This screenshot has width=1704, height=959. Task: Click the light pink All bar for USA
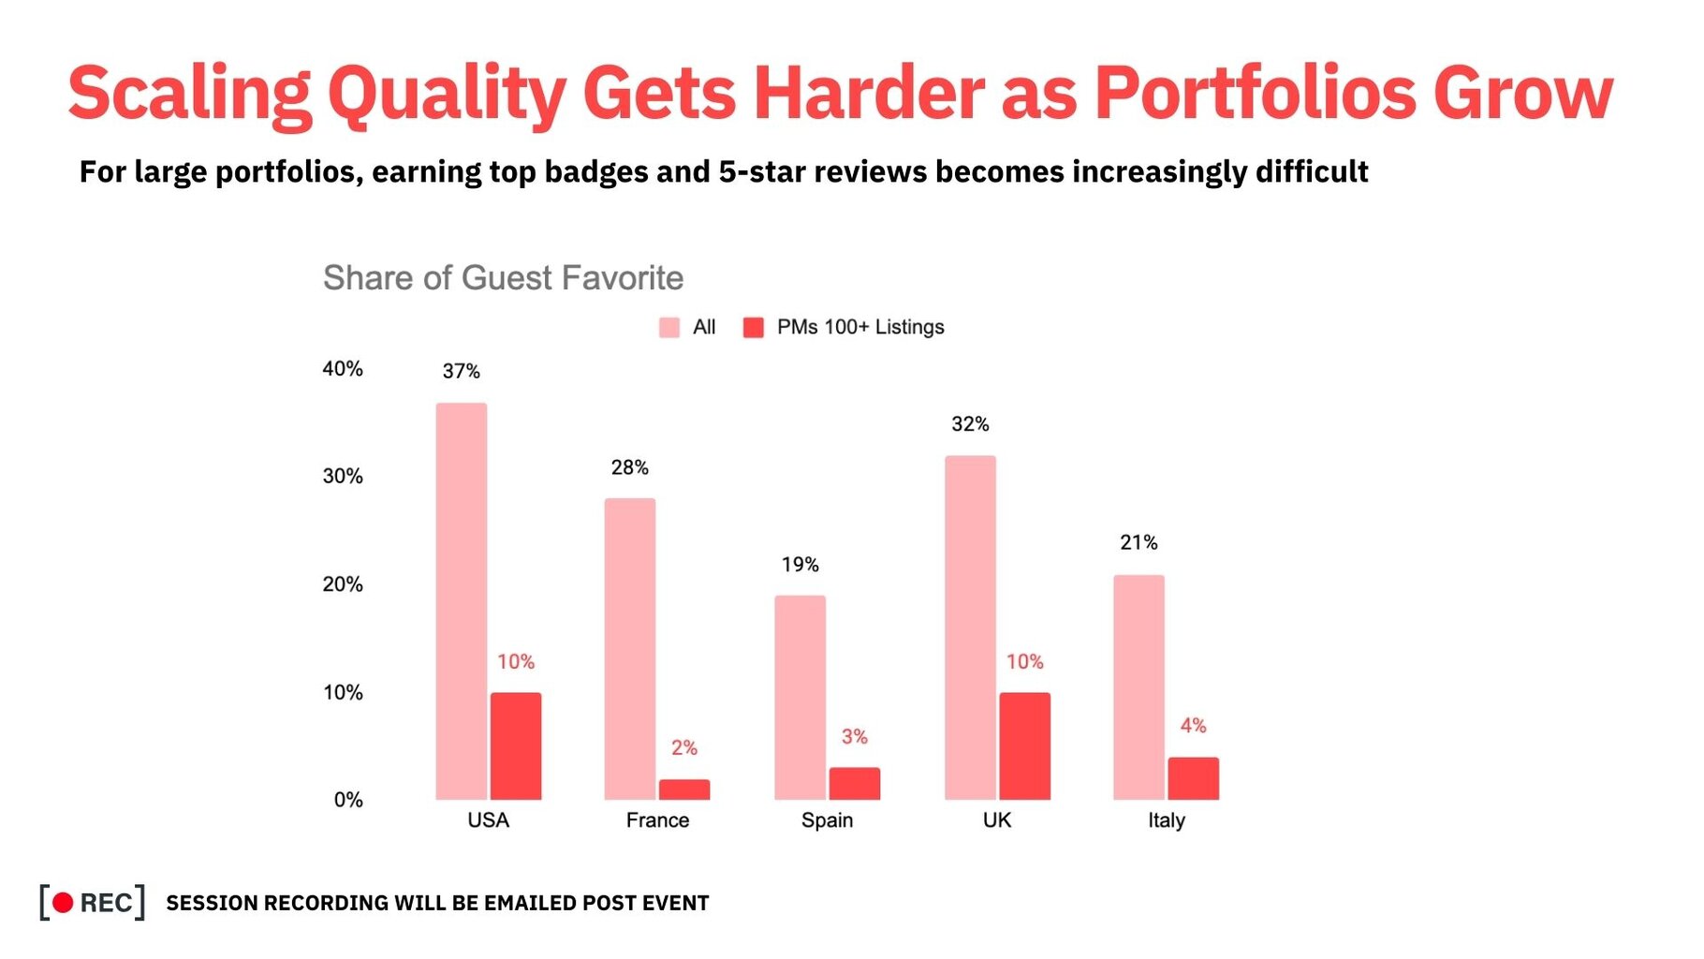pos(462,601)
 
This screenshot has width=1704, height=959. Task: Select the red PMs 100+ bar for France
pos(684,789)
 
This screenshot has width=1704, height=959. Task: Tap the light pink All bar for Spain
pos(801,698)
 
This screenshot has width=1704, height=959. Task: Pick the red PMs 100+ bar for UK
pos(1025,746)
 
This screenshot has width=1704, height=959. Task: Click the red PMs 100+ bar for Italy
pos(1194,778)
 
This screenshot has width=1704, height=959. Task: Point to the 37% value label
pos(462,372)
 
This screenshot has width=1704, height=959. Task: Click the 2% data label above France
pos(684,748)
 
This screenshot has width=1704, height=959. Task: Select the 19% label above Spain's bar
pos(801,565)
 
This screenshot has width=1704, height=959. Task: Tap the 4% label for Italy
pos(1194,726)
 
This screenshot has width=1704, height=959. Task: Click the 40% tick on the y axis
pos(343,369)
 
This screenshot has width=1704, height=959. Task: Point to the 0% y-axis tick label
pos(348,800)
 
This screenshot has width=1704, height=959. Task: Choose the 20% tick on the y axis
pos(343,584)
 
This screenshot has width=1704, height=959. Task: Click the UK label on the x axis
pos(997,820)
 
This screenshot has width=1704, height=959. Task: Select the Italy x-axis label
pos(1167,820)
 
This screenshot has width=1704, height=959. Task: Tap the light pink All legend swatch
pos(669,328)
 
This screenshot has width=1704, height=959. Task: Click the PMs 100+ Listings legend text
pos(860,328)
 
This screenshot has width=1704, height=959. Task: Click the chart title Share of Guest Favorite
pos(504,278)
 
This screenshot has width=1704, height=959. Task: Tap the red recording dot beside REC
pos(63,903)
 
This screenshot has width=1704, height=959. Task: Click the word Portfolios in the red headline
pos(1256,93)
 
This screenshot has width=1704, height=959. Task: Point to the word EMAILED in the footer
pos(530,903)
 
